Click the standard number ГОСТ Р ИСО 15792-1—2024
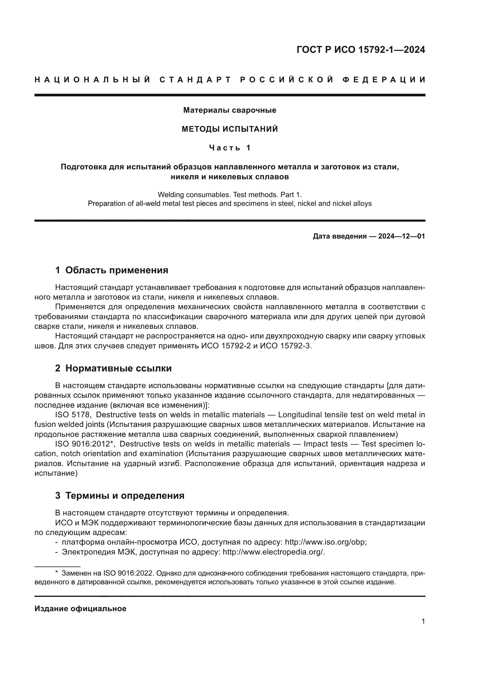pos(360,50)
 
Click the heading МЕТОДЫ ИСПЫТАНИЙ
pos(230,129)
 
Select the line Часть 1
pos(230,148)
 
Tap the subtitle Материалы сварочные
pos(230,110)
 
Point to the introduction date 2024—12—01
pos(401,237)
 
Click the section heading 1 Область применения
pos(112,270)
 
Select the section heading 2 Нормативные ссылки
pos(113,368)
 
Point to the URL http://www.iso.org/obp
pos(325,542)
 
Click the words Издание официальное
pos(80,609)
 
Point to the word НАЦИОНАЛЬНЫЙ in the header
pos(93,80)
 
